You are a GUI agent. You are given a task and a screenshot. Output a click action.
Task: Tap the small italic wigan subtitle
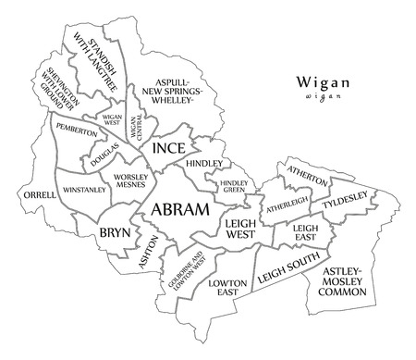click(321, 95)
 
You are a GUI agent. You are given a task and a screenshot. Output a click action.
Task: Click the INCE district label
click(168, 148)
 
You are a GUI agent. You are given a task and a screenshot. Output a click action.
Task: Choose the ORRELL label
click(34, 196)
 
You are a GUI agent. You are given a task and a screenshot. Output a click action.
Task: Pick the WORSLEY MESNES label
click(134, 180)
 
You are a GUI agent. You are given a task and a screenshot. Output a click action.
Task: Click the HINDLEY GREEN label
click(232, 188)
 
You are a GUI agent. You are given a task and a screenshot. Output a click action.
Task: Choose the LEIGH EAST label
click(304, 231)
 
